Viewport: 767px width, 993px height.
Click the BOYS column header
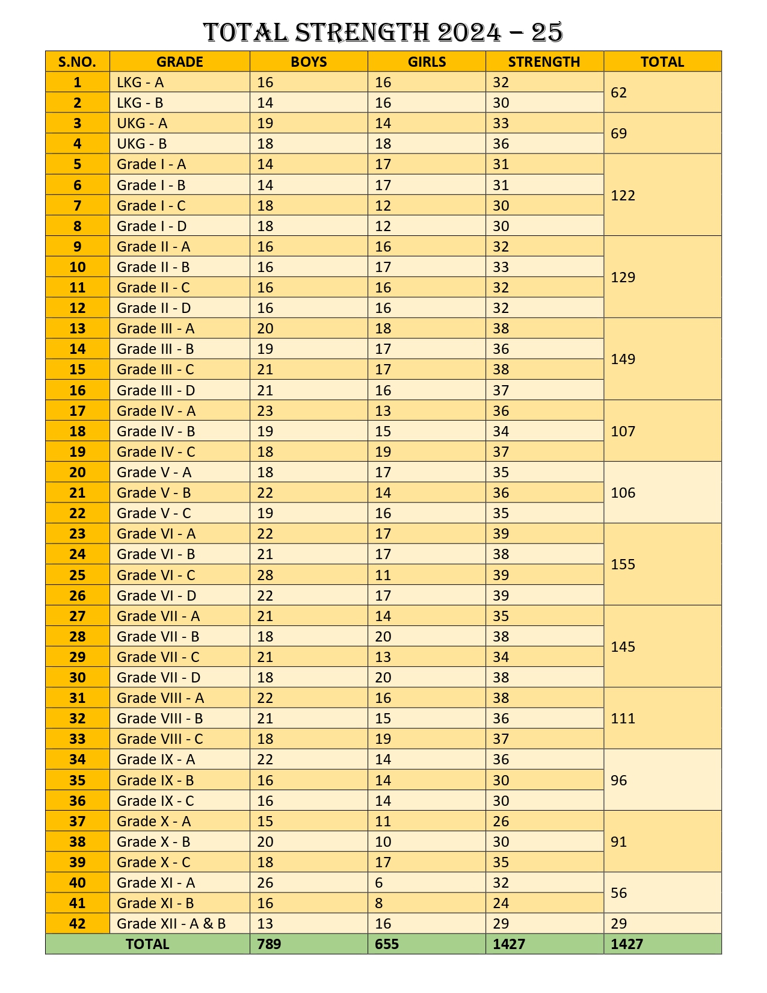(x=309, y=62)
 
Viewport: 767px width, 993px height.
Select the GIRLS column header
(x=427, y=62)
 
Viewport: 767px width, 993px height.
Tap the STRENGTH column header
(x=544, y=62)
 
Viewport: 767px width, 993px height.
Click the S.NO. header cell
(x=78, y=62)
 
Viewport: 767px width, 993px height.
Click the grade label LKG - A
(x=140, y=82)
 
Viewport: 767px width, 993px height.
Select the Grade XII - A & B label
(x=171, y=923)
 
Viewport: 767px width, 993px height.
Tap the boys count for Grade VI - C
(x=265, y=575)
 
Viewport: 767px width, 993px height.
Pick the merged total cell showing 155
(x=623, y=565)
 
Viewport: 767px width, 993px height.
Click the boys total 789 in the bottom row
(x=269, y=944)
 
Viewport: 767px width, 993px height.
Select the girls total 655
(x=387, y=944)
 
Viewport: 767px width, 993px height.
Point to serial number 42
(x=78, y=923)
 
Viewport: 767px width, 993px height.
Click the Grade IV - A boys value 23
(x=265, y=411)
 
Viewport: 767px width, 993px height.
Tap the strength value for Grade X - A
(x=501, y=821)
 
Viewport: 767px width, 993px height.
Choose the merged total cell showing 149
(x=623, y=359)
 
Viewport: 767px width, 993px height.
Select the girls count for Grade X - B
(x=383, y=841)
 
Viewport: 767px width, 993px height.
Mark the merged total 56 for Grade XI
(x=619, y=892)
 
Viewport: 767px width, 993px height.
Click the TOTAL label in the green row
(x=147, y=944)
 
